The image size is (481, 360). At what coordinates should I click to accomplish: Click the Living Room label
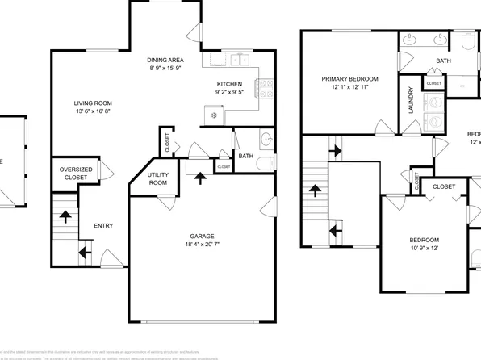coord(93,103)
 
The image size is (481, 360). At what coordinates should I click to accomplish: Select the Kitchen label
coord(229,84)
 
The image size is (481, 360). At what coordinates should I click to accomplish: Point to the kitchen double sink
coord(237,59)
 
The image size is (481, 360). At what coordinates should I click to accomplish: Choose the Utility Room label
coord(157,179)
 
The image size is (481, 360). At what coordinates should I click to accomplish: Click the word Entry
coord(103,226)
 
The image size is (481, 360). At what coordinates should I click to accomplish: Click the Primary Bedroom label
coord(349,79)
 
